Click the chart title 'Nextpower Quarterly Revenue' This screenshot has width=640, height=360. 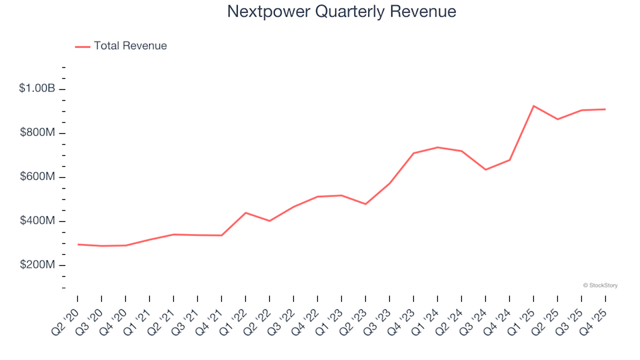341,12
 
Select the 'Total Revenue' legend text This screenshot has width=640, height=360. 130,46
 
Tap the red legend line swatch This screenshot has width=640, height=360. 83,47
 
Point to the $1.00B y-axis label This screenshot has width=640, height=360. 37,89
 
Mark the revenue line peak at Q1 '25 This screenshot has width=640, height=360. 533,106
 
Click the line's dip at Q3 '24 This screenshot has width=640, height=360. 485,169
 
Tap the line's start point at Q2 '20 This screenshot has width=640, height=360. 77,245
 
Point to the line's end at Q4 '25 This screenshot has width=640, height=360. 605,109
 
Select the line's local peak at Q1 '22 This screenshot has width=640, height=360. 245,213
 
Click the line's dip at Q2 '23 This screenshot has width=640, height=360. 365,204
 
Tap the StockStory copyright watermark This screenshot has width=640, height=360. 600,285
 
